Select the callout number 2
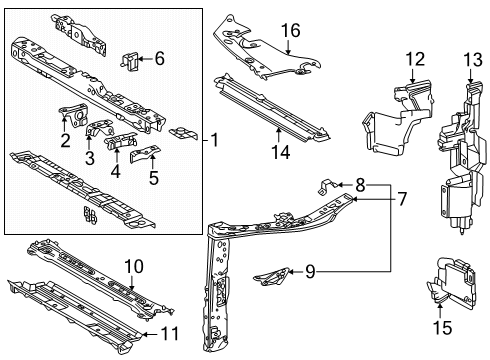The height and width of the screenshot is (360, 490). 65,141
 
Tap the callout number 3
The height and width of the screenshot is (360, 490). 90,157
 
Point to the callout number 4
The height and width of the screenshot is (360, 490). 116,170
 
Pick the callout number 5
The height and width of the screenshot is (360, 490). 152,180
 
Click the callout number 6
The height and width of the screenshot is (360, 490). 160,59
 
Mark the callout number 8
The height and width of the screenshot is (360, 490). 360,184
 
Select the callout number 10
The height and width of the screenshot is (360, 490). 134,265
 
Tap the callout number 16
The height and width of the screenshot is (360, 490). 290,31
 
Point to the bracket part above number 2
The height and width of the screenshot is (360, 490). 73,114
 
